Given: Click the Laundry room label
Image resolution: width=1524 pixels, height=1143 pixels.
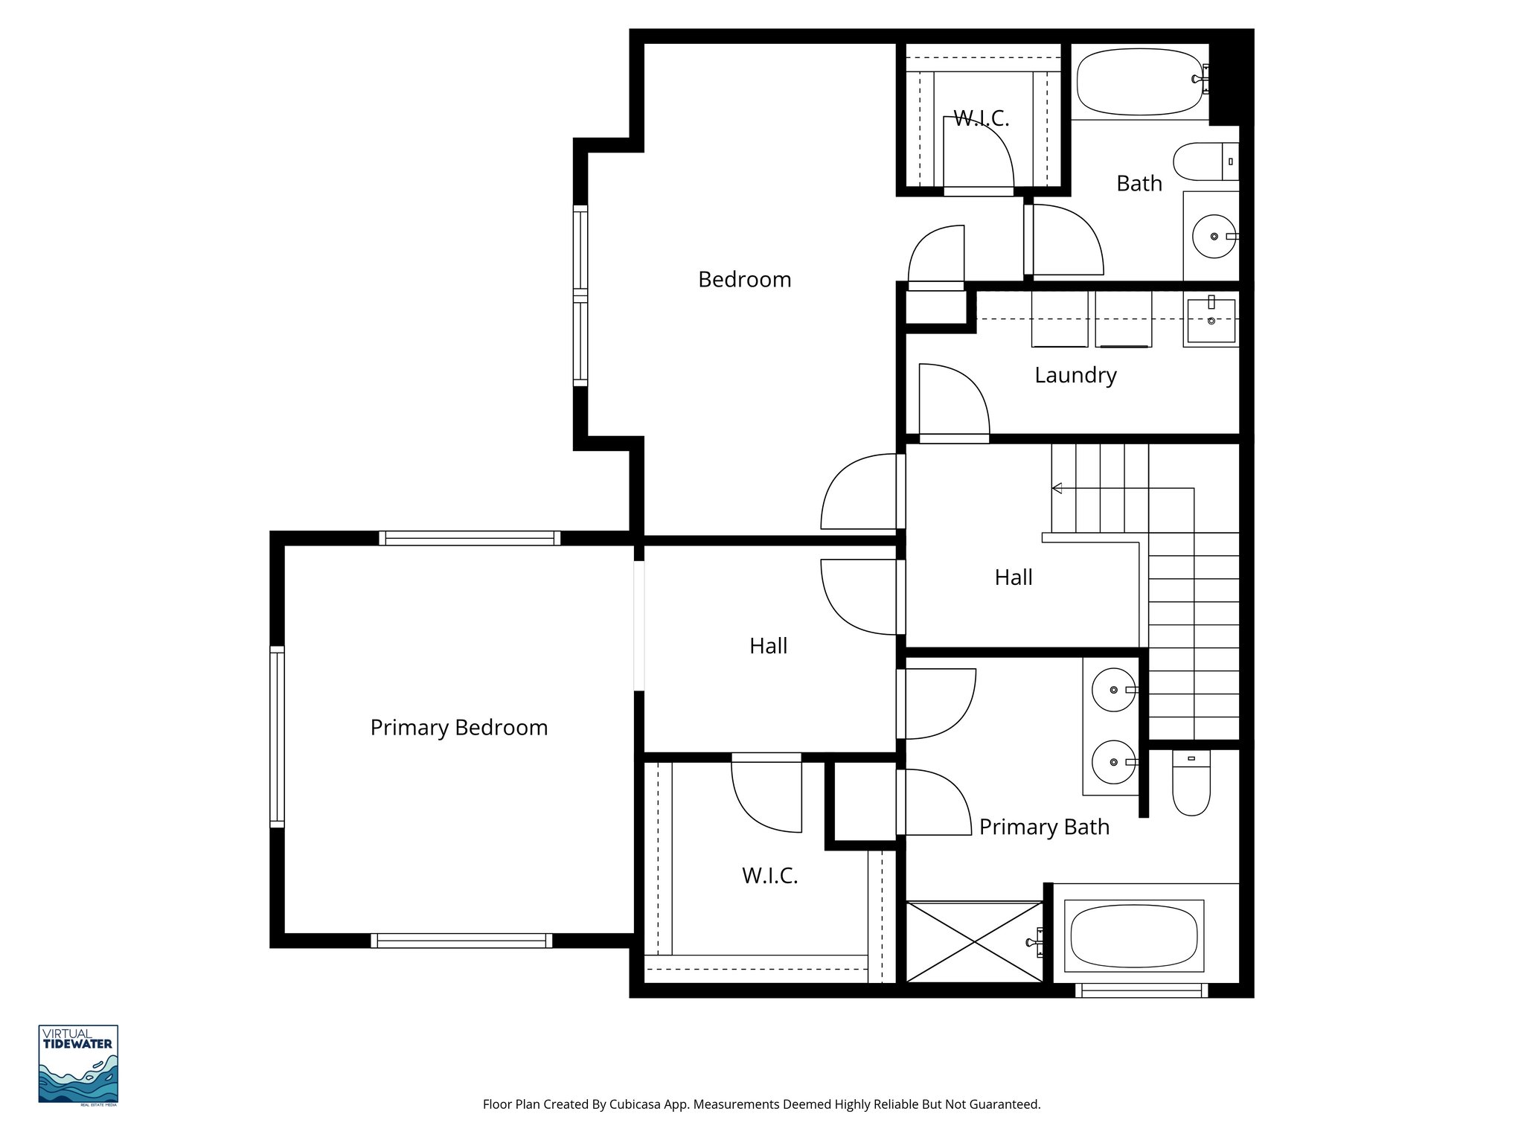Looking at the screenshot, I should pyautogui.click(x=1075, y=375).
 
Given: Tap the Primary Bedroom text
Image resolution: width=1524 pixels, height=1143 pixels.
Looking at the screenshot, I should pyautogui.click(x=458, y=728).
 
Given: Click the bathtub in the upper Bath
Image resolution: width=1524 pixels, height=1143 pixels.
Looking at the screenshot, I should pyautogui.click(x=1139, y=81).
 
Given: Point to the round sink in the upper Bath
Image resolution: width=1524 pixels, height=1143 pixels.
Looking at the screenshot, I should pyautogui.click(x=1214, y=236).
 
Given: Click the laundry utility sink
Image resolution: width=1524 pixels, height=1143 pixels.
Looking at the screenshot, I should pyautogui.click(x=1211, y=321).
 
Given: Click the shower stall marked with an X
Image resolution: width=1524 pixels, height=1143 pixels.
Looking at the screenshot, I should pyautogui.click(x=974, y=942).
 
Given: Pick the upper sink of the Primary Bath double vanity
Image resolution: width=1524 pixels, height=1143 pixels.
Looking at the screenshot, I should pyautogui.click(x=1113, y=690).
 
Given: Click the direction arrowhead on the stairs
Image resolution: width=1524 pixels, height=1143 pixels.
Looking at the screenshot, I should pyautogui.click(x=1056, y=488).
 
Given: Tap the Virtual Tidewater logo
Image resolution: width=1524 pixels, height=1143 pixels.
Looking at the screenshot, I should pyautogui.click(x=78, y=1064).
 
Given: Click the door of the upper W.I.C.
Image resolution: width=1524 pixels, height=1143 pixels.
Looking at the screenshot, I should pyautogui.click(x=976, y=155).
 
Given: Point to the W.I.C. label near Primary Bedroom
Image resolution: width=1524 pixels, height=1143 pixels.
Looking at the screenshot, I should pyautogui.click(x=769, y=876).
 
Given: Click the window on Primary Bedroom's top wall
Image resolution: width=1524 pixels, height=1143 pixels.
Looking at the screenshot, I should pyautogui.click(x=470, y=538).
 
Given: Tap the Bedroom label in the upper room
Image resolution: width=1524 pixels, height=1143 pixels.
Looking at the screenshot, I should pyautogui.click(x=744, y=280).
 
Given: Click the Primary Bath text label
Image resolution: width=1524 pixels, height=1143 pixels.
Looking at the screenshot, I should pyautogui.click(x=1043, y=827).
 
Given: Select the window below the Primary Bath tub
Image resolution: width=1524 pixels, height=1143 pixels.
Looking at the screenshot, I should pyautogui.click(x=1141, y=990).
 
